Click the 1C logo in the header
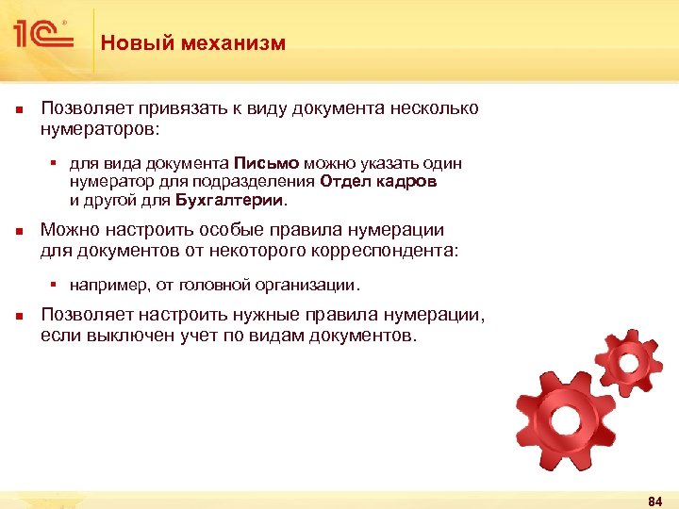43,36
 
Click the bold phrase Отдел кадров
378,182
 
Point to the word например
107,285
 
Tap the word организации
316,285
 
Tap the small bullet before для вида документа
55,164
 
